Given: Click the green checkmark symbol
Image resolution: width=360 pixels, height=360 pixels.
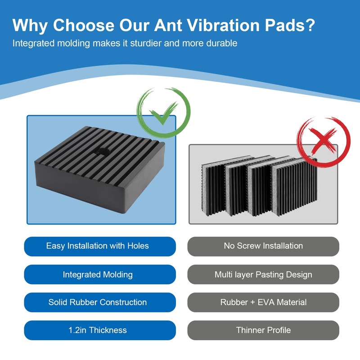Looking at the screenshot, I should tap(163, 113).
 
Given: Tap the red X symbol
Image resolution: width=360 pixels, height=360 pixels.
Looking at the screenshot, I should tap(323, 141).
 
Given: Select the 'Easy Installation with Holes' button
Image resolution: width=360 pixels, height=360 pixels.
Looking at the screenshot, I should tap(98, 246).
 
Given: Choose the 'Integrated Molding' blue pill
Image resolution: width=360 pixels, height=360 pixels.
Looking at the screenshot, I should tap(98, 274).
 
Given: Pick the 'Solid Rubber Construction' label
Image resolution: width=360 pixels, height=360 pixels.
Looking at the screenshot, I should tap(98, 302).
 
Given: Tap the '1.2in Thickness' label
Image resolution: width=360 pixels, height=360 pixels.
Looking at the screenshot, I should tap(98, 330).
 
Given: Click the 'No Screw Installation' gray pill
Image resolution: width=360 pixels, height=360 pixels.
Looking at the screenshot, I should tap(263, 246).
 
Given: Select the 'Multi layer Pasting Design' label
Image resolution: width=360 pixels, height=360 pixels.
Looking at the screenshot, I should tap(263, 274).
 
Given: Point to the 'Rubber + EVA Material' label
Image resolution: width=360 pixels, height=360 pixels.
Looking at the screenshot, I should tap(263, 302).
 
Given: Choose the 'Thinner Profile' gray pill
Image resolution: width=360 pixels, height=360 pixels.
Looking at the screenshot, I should tap(263, 330).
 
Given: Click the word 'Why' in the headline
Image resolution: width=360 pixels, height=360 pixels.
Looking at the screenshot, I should tap(30, 25).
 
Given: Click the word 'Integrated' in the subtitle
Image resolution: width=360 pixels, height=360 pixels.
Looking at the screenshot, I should tap(32, 44).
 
